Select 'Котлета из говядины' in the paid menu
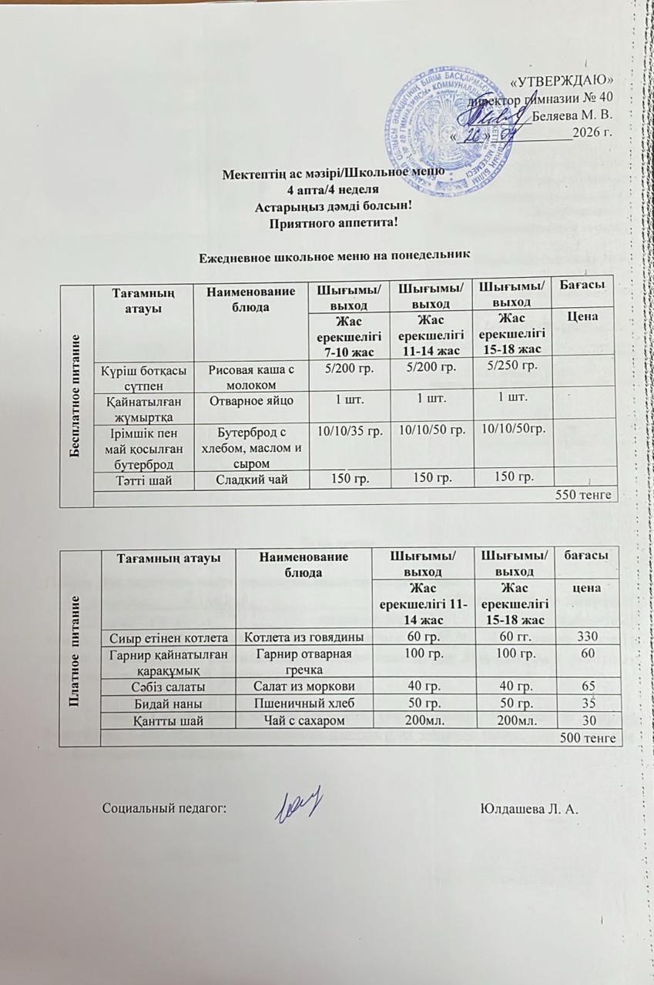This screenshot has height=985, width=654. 304,637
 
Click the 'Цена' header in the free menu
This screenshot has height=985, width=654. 585,317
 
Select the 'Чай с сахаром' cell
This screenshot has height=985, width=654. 304,720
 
